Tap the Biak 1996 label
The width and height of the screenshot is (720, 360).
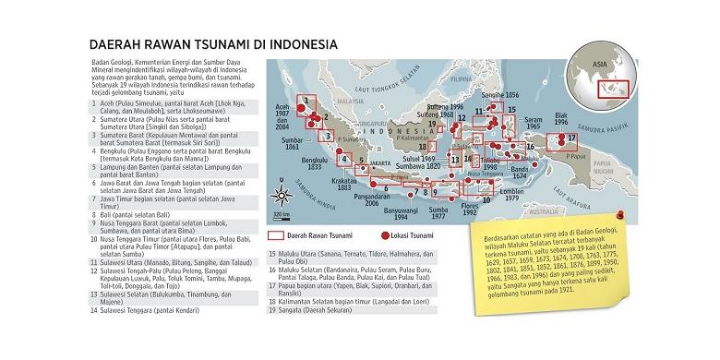(x=561, y=118)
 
